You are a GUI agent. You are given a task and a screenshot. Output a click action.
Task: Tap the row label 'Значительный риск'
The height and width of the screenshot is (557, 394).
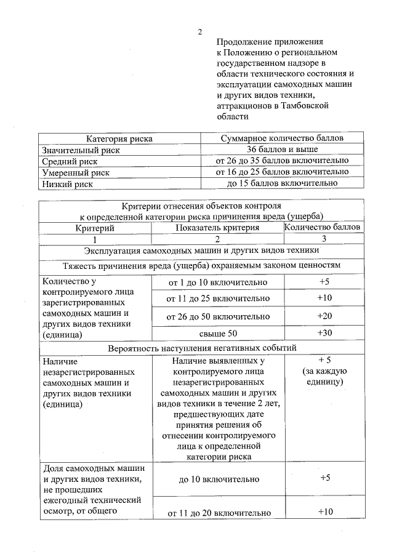click(81, 150)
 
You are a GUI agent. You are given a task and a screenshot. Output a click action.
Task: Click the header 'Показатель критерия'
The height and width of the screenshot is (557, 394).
click(217, 228)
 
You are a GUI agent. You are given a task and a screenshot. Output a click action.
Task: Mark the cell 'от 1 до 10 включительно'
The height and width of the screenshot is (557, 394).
click(217, 283)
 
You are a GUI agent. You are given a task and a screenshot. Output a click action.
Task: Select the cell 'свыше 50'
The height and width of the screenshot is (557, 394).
click(217, 333)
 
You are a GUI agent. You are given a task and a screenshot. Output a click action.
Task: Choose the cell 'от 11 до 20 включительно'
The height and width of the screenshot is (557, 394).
click(217, 512)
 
